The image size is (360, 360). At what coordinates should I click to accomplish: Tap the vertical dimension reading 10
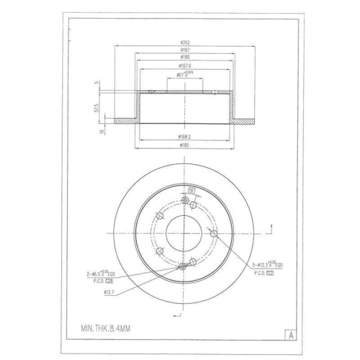pos(103,130)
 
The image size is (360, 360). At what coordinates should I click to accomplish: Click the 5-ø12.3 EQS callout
pos(264,264)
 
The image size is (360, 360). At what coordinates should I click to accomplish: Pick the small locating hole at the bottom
pos(182,268)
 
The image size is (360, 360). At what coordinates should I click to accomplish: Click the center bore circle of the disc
pos(184,234)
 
